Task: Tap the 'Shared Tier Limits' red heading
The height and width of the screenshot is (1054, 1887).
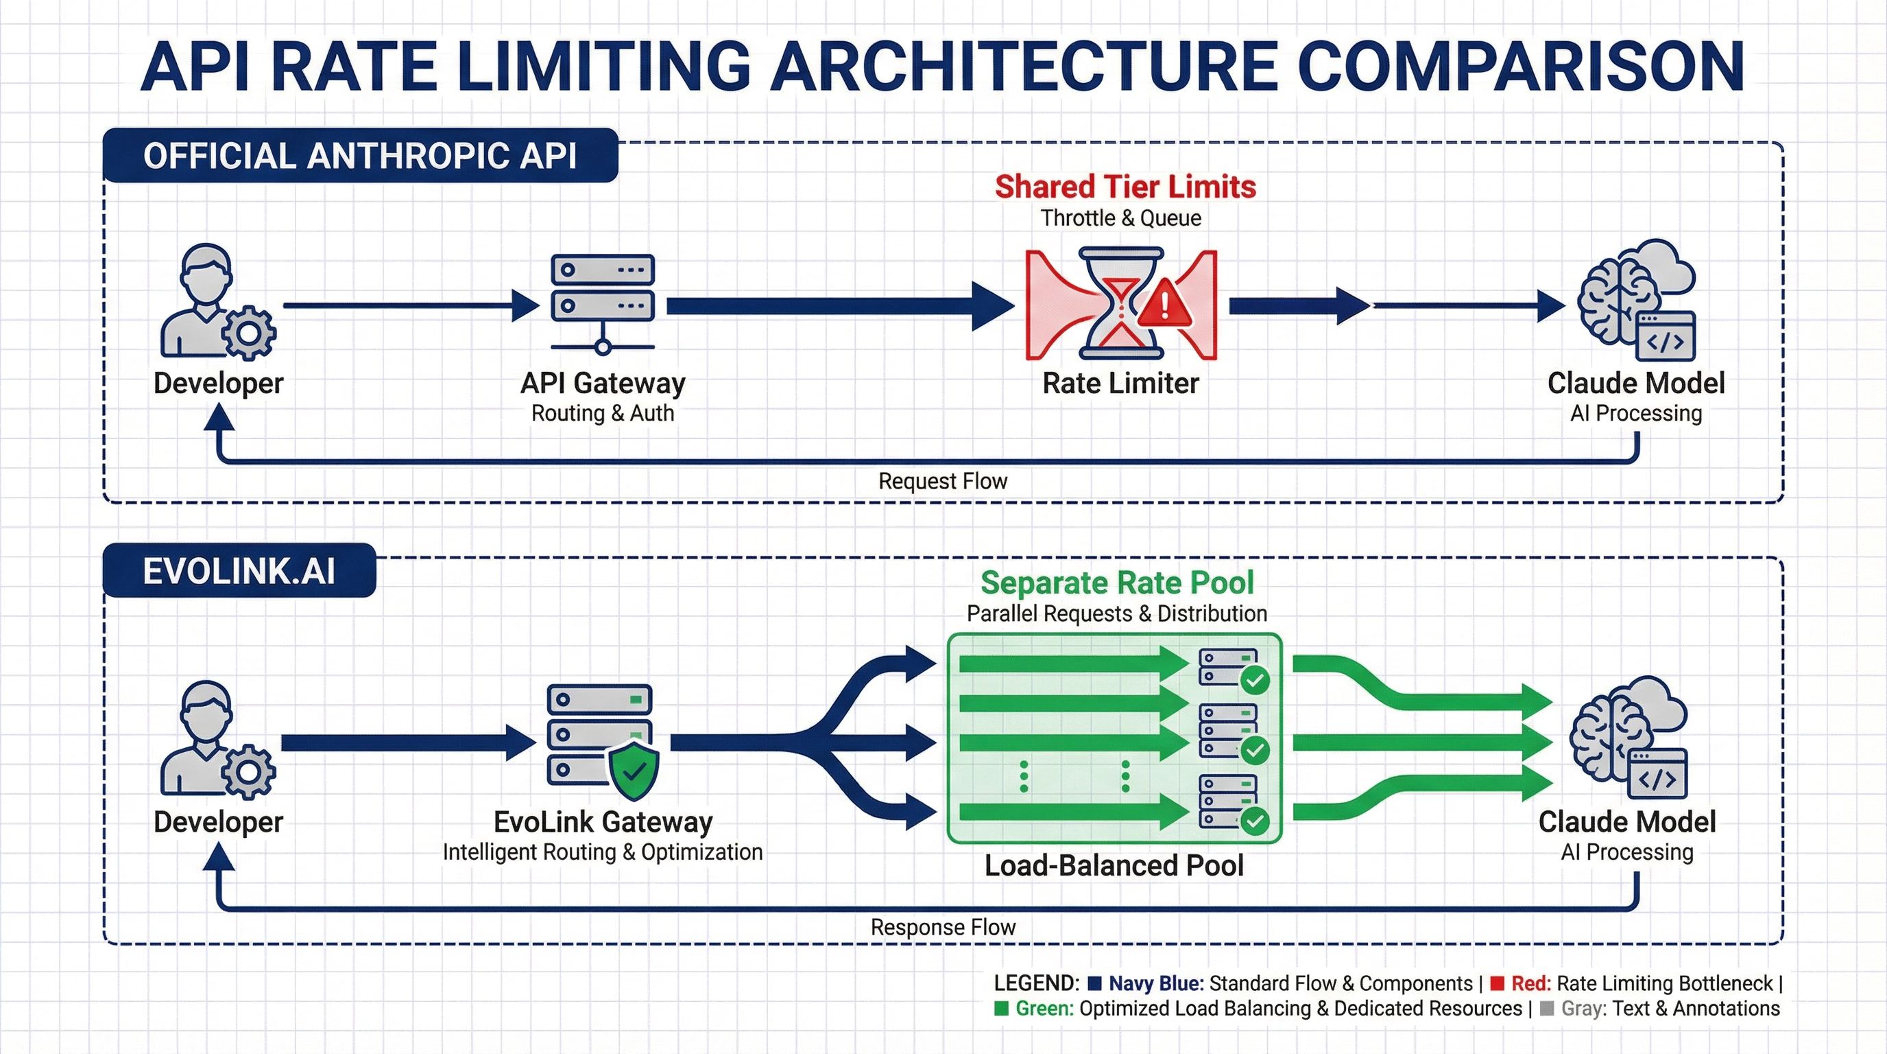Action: click(x=1125, y=187)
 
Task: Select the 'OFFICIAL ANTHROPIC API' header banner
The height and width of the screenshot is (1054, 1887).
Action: click(x=361, y=155)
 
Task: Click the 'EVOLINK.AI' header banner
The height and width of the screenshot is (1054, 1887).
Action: click(x=239, y=570)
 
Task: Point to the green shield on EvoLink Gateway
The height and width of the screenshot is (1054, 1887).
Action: click(x=634, y=771)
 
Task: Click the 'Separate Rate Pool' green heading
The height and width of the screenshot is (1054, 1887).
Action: click(x=1117, y=583)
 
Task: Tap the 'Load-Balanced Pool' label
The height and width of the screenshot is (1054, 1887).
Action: click(x=1114, y=865)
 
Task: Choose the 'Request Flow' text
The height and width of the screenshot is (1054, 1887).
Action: click(x=943, y=481)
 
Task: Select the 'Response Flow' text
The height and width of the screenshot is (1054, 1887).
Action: click(x=943, y=927)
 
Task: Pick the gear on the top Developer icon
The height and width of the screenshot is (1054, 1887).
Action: click(x=249, y=333)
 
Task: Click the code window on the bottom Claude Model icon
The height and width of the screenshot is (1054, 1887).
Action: click(x=1658, y=773)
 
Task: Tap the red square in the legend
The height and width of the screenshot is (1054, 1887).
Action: click(x=1498, y=983)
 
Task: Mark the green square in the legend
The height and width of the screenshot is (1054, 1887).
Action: click(x=1001, y=1009)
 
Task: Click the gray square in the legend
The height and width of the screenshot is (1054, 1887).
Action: click(x=1547, y=1009)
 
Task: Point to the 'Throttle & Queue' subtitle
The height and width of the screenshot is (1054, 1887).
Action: click(x=1121, y=218)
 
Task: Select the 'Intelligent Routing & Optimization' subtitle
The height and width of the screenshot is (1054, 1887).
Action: click(x=603, y=852)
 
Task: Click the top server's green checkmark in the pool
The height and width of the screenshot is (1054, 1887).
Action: click(x=1255, y=680)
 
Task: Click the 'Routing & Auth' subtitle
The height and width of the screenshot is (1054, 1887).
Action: click(x=603, y=413)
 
